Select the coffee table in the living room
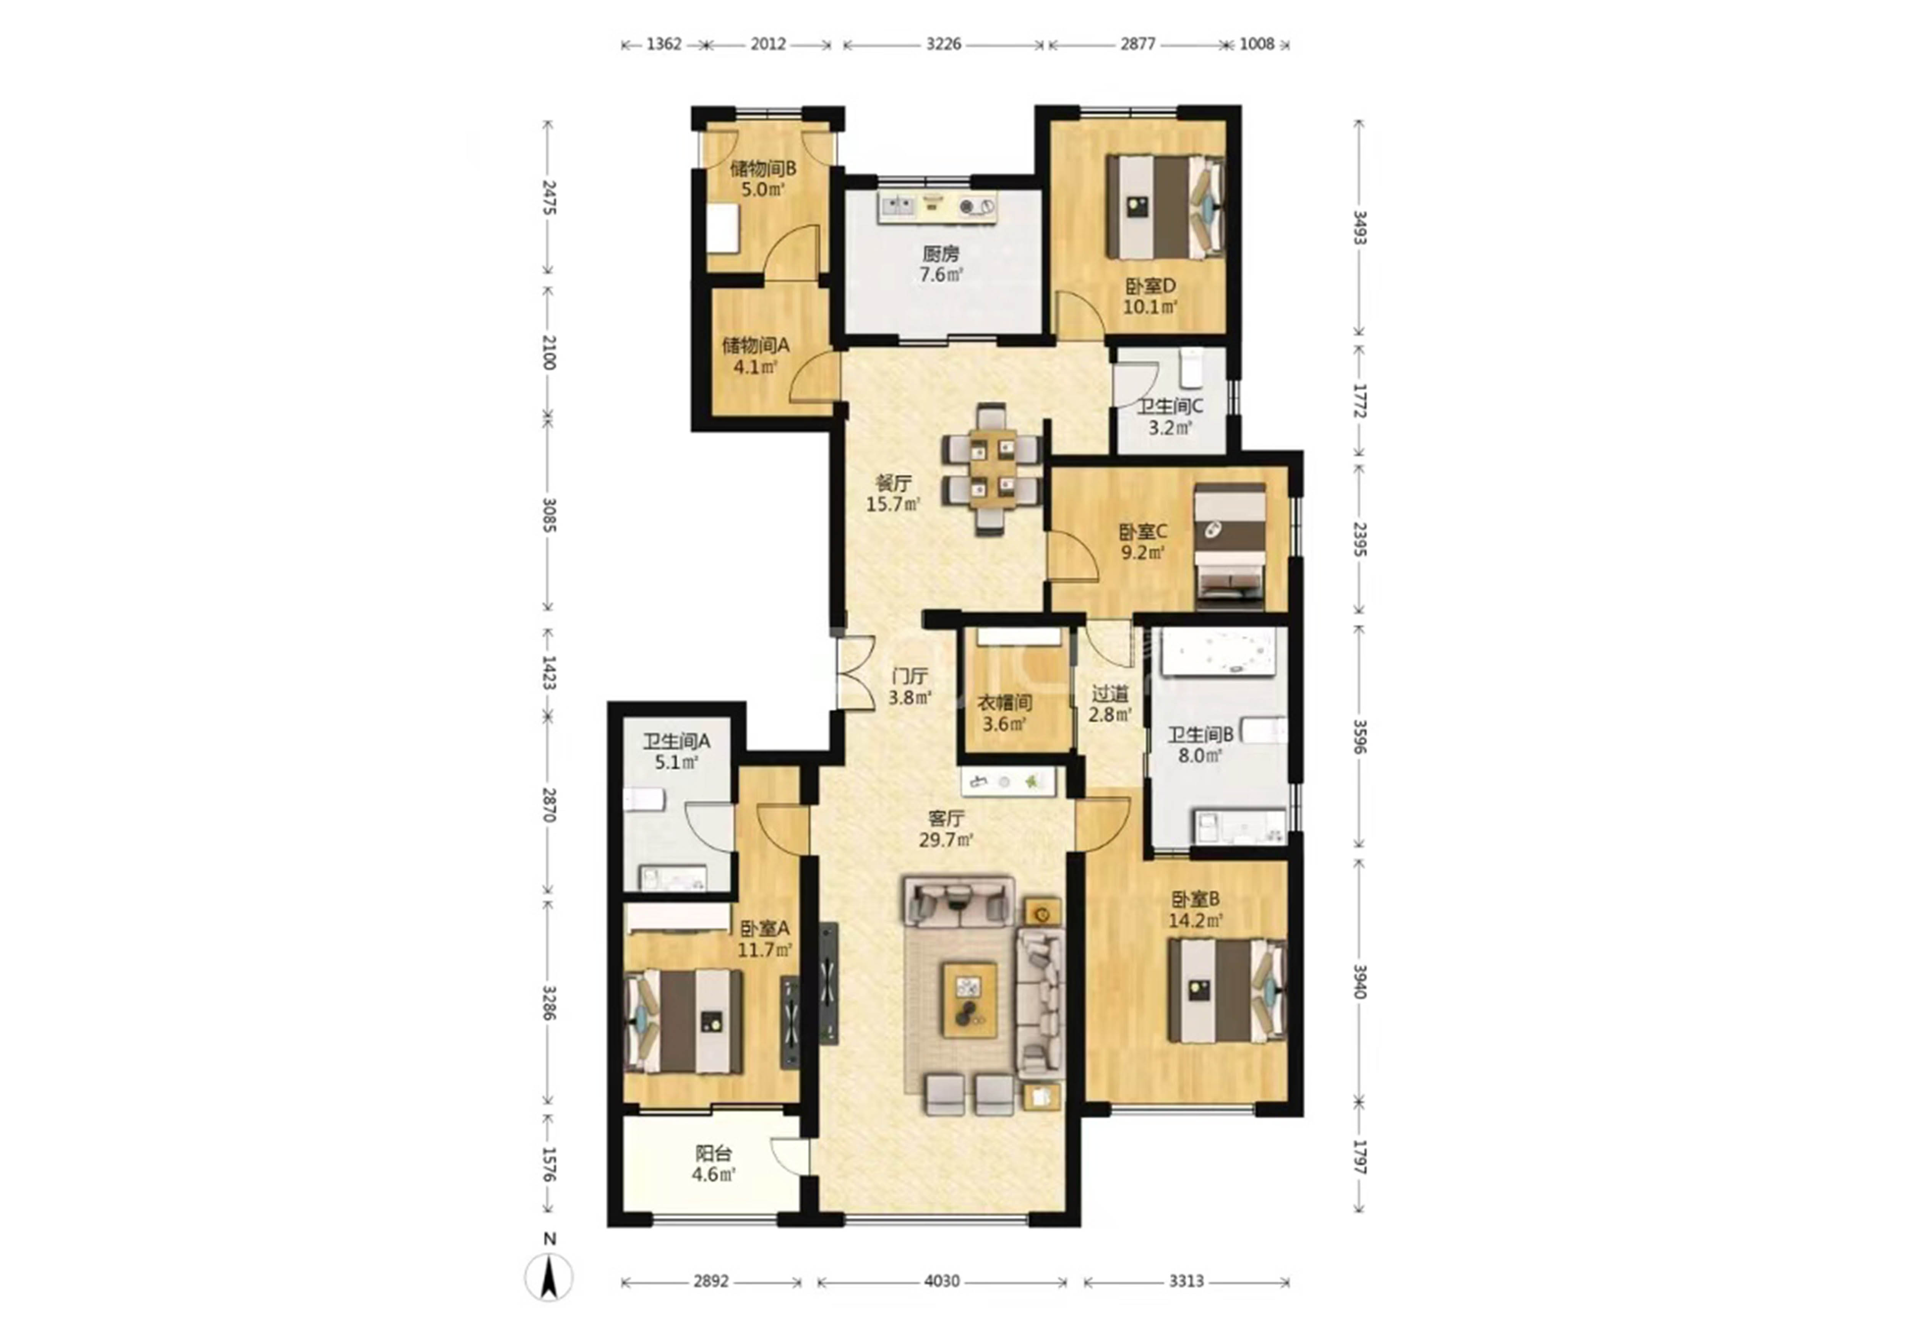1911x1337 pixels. pos(969,999)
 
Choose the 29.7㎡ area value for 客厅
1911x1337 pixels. pos(946,840)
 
